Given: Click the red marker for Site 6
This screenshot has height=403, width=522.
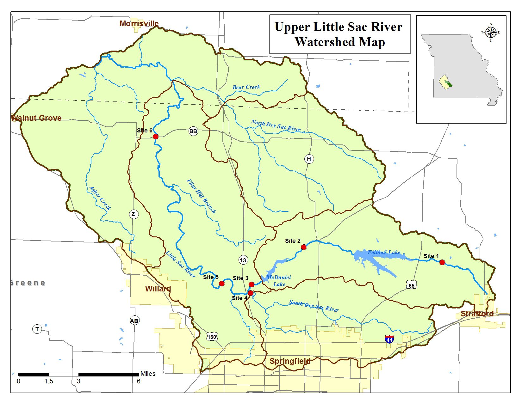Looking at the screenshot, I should (x=155, y=137).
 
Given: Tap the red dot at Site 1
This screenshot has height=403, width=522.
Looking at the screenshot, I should (x=442, y=262).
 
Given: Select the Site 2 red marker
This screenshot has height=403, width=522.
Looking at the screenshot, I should (x=303, y=247).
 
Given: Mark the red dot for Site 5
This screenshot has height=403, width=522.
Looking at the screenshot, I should (x=221, y=284).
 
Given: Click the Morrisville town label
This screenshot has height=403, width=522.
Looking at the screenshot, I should (x=139, y=23).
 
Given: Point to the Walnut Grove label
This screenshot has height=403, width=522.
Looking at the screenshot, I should (x=36, y=118).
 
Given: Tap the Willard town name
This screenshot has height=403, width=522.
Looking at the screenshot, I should (x=158, y=289).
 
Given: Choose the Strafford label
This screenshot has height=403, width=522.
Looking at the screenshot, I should (x=477, y=314).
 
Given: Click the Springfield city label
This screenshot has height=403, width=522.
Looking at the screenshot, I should (x=290, y=361).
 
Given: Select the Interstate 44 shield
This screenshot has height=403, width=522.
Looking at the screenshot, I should (x=389, y=339).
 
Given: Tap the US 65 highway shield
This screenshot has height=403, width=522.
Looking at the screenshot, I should (x=411, y=285).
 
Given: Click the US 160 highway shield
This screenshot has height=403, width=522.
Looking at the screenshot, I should (x=212, y=337).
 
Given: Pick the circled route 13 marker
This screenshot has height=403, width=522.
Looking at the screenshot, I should (x=243, y=260).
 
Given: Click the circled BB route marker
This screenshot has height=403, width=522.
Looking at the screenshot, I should (x=193, y=131).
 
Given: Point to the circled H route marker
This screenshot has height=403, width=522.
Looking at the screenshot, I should (x=309, y=159).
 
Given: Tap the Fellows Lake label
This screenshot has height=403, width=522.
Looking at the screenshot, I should (x=384, y=252).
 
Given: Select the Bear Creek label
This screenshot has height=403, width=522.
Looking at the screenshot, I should (x=246, y=87).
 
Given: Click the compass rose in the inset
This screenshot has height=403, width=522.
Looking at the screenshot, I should (x=490, y=32).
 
